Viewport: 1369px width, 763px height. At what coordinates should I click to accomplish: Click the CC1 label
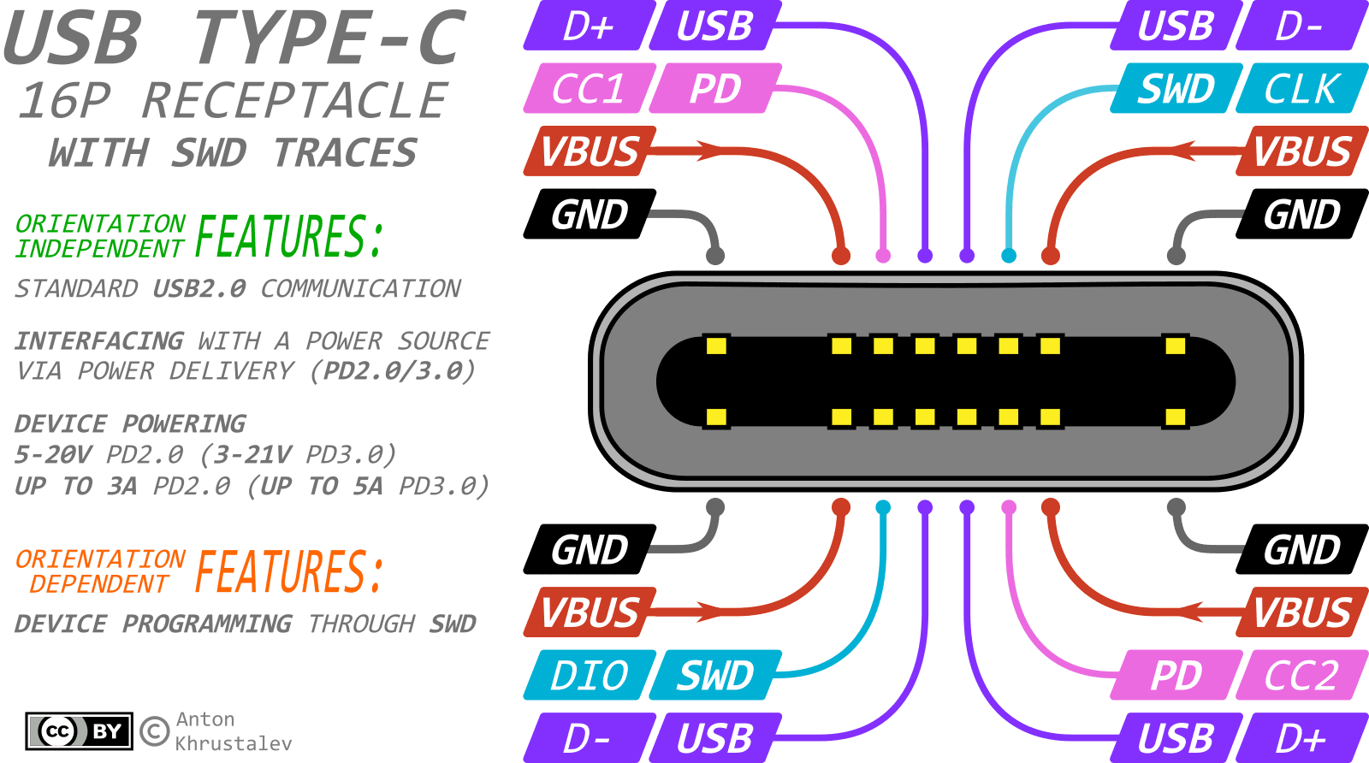(589, 88)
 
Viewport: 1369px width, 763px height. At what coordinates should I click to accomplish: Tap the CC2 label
(1301, 676)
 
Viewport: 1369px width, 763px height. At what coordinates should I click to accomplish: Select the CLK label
(1301, 88)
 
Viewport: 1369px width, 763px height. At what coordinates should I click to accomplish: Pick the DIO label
(589, 676)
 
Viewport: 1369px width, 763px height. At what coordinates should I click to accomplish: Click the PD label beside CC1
(715, 88)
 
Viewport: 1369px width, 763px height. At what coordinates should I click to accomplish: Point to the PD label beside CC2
(1176, 676)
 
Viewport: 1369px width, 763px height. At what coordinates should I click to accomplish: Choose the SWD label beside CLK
(1176, 88)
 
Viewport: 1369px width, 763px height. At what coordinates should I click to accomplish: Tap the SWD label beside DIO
(715, 676)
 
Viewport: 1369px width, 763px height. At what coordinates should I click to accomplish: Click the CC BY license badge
(79, 731)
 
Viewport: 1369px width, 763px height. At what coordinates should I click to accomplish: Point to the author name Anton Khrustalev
(233, 731)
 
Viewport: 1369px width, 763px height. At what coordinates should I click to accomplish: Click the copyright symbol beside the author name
(154, 731)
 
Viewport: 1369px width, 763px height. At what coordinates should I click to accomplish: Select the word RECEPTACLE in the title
(294, 101)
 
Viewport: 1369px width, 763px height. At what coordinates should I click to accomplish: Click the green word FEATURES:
(289, 237)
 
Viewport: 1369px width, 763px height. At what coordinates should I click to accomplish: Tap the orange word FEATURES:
(289, 572)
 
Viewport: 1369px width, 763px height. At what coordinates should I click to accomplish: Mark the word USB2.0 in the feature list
(199, 289)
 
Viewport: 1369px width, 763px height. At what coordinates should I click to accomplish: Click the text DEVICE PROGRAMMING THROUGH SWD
(245, 624)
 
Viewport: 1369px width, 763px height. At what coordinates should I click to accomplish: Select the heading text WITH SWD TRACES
(233, 153)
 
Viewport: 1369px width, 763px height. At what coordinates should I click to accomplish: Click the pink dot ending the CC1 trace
(883, 255)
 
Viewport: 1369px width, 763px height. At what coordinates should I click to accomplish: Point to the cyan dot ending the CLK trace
(1009, 255)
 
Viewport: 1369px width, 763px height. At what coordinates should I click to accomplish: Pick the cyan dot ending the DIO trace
(883, 507)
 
